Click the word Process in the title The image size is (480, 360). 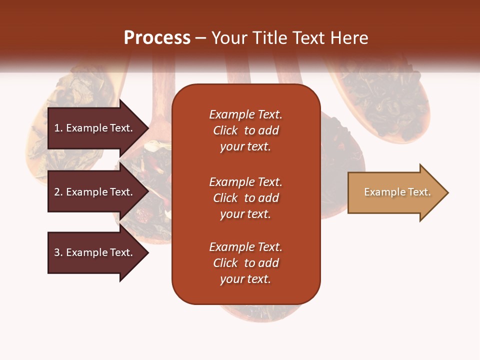157,38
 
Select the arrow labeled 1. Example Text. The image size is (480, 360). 95,128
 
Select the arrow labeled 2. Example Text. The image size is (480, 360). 95,192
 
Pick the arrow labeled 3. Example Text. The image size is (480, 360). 95,252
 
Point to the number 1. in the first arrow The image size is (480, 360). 58,128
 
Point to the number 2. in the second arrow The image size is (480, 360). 58,192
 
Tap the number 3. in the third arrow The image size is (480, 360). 58,252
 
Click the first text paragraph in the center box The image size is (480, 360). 245,130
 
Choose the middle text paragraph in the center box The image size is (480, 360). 245,198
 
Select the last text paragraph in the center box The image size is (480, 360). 245,263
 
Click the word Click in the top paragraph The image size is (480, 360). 225,130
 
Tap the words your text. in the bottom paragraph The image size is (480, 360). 245,279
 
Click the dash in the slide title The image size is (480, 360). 200,38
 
